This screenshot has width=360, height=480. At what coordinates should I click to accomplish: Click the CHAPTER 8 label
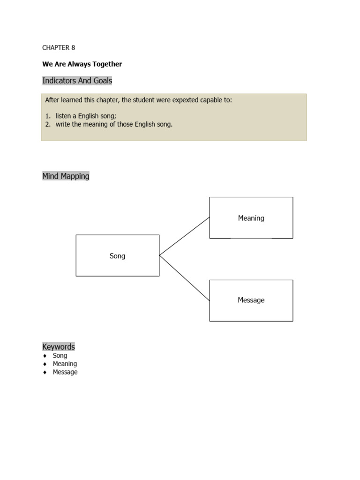pyautogui.click(x=59, y=48)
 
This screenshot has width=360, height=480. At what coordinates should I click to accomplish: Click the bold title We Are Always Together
pyautogui.click(x=82, y=64)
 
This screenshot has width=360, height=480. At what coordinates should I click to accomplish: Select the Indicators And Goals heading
pyautogui.click(x=77, y=81)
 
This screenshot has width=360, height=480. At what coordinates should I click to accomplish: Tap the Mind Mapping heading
pyautogui.click(x=66, y=176)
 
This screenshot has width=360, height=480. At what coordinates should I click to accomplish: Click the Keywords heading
pyautogui.click(x=59, y=347)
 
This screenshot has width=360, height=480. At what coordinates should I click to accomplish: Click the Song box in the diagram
pyautogui.click(x=117, y=255)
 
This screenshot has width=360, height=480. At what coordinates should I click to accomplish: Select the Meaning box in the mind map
pyautogui.click(x=251, y=217)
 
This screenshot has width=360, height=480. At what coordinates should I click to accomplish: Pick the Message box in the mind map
pyautogui.click(x=251, y=300)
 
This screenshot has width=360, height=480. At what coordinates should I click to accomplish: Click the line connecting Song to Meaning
pyautogui.click(x=184, y=236)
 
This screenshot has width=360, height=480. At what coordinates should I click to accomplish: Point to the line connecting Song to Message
pyautogui.click(x=184, y=278)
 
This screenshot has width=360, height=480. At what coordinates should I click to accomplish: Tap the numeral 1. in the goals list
pyautogui.click(x=48, y=116)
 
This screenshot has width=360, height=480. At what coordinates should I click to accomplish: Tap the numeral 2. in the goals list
pyautogui.click(x=48, y=125)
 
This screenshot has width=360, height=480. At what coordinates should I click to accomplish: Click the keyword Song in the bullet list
pyautogui.click(x=60, y=356)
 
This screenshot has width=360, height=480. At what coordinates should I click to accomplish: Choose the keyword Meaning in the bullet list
pyautogui.click(x=65, y=364)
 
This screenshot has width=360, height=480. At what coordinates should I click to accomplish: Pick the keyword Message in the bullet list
pyautogui.click(x=65, y=372)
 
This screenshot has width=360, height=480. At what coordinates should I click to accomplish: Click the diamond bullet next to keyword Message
pyautogui.click(x=45, y=372)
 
